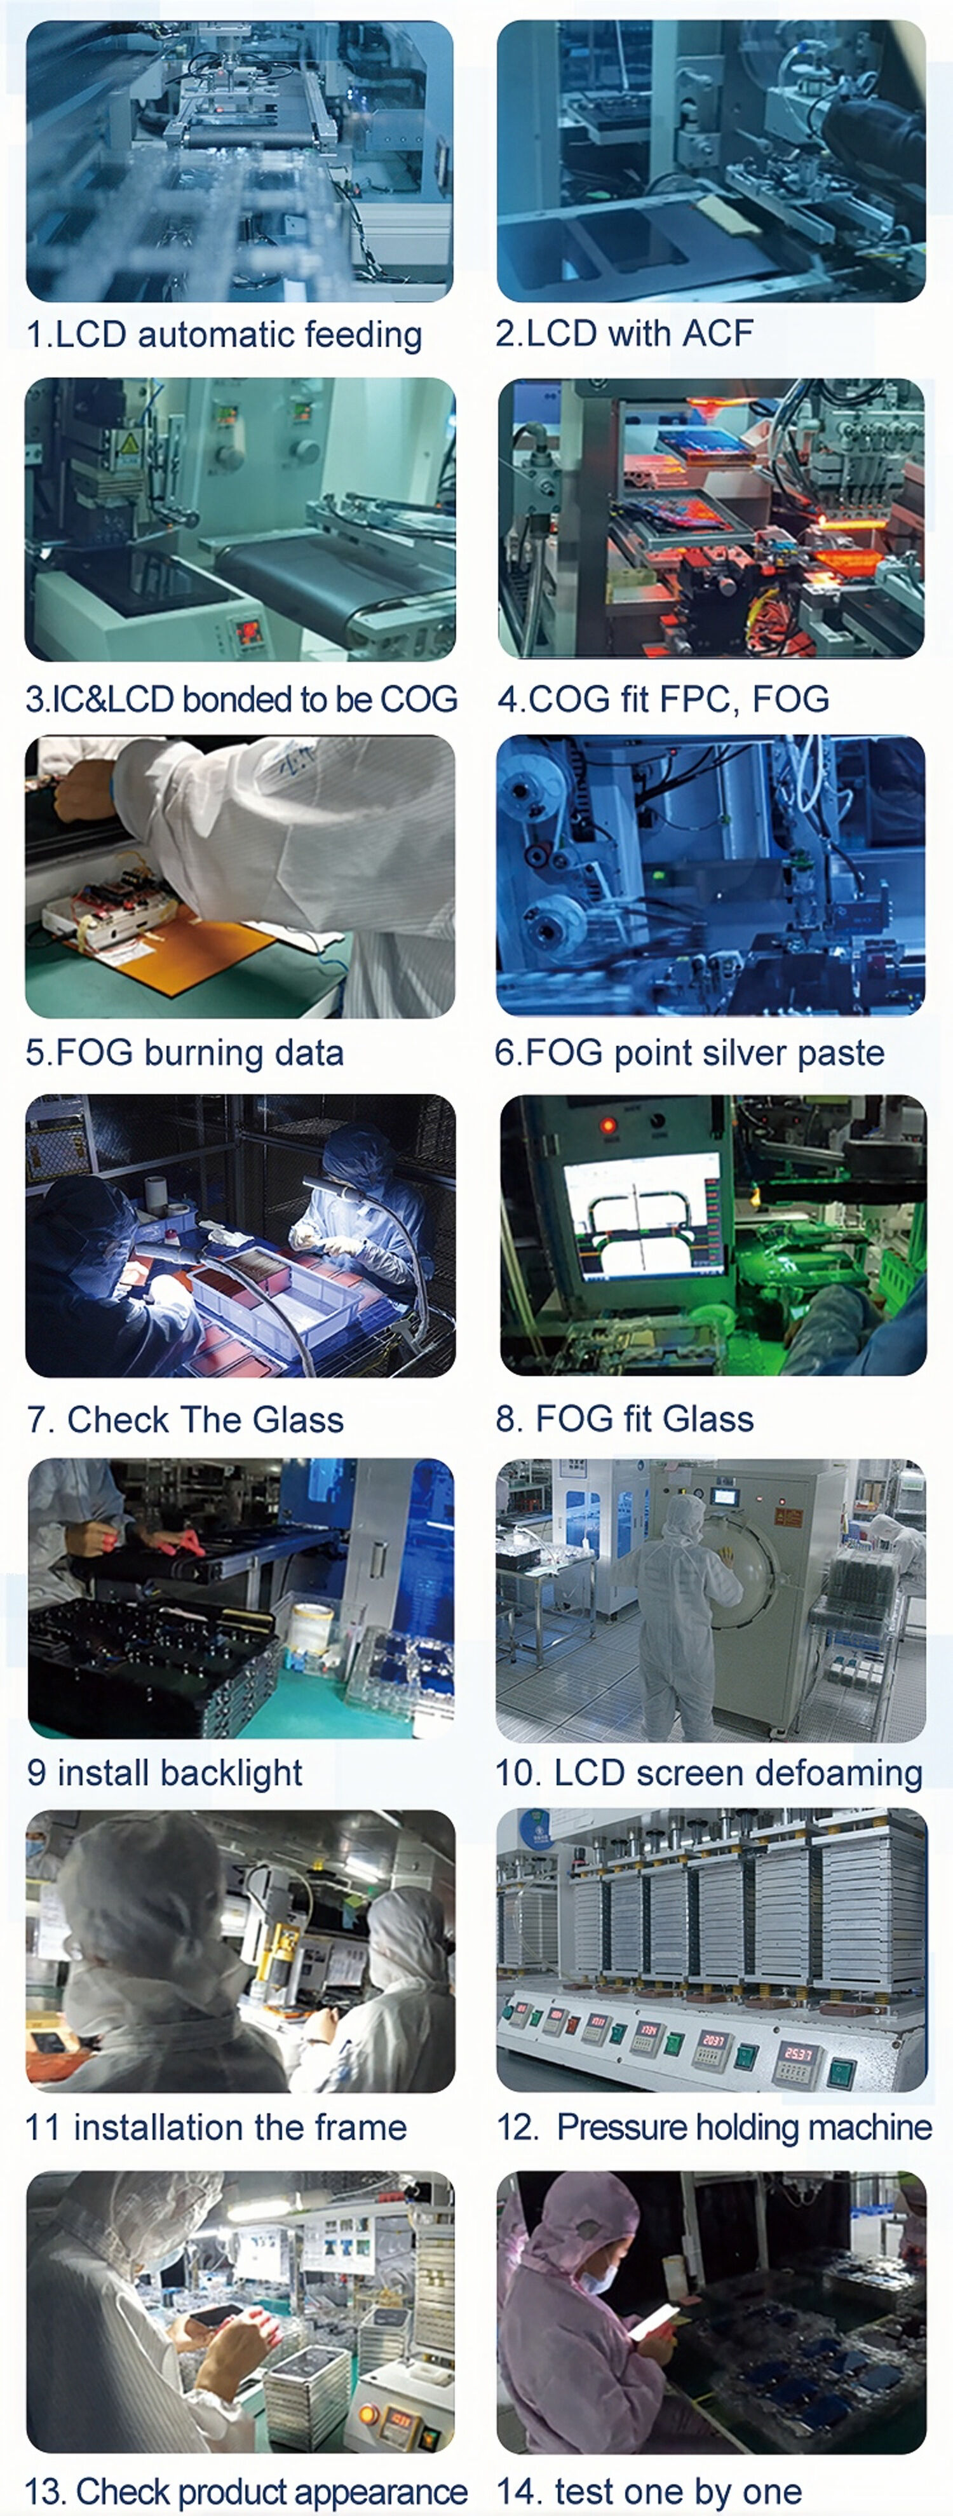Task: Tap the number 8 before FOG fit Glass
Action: click(x=506, y=1419)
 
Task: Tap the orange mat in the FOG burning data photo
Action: click(x=195, y=952)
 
